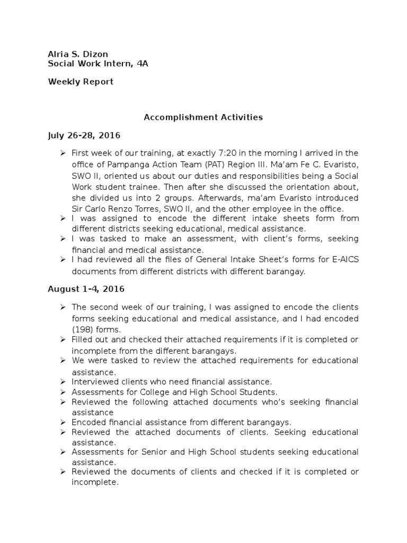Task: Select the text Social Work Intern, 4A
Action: [98, 64]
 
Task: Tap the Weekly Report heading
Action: [81, 82]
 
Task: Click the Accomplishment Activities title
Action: [203, 117]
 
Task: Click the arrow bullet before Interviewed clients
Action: [63, 381]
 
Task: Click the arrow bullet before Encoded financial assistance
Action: [63, 422]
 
